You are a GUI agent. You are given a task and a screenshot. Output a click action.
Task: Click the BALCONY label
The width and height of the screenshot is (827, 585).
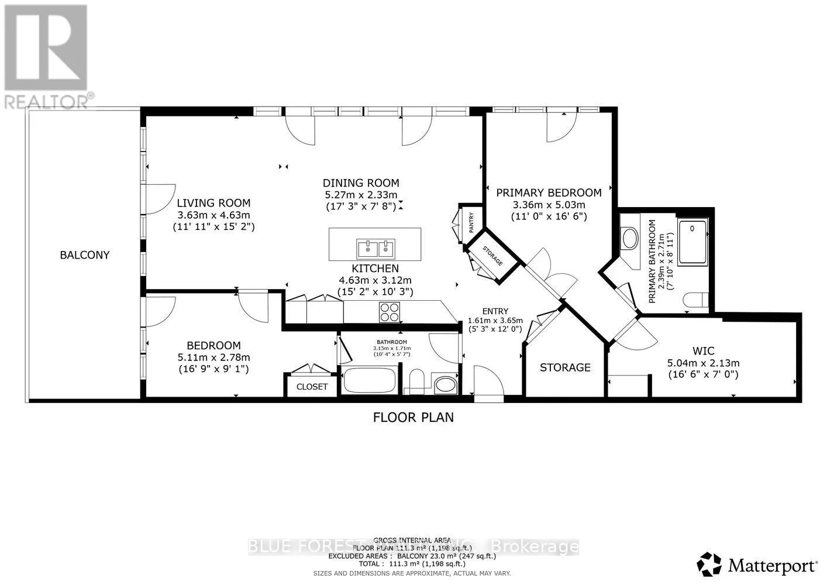(x=85, y=255)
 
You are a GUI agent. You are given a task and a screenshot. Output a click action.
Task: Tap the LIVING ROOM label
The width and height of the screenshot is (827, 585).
(x=213, y=203)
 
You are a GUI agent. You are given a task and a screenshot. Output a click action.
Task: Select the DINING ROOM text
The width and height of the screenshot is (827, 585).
(x=361, y=183)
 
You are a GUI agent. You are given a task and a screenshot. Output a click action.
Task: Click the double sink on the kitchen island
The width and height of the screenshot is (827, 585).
(x=374, y=249)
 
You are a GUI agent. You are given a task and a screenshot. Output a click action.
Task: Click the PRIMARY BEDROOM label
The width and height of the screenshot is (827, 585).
(x=549, y=192)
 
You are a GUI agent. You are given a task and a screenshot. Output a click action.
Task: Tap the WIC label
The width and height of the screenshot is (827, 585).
(x=703, y=351)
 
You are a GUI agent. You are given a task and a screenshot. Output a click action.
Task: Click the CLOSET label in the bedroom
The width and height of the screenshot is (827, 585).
(x=312, y=387)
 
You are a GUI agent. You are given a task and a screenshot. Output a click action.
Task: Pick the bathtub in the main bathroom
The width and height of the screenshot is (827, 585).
(x=369, y=381)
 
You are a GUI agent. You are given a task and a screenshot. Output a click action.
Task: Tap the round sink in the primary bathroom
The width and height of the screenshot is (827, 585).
(x=630, y=239)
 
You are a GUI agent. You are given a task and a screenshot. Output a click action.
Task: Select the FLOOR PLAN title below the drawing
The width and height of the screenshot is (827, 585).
(x=413, y=417)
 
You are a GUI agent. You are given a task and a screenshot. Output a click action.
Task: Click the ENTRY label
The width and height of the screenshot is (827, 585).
(x=495, y=311)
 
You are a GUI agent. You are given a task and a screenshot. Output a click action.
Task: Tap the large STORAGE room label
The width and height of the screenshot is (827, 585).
(x=565, y=367)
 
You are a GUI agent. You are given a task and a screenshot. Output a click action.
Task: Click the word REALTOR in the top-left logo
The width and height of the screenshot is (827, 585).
(x=46, y=101)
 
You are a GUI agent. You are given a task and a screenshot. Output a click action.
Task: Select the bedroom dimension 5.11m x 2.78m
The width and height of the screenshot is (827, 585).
(x=213, y=357)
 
